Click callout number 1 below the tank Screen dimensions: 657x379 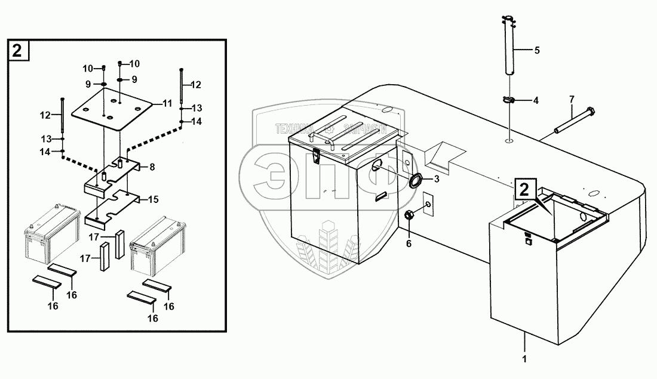(524, 360)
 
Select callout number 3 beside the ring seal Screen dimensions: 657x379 (437, 178)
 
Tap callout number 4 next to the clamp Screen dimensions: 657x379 (536, 101)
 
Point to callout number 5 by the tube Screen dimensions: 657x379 (536, 50)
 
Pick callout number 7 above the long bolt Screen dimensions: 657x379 (572, 98)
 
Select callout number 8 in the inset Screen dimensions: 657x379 (152, 168)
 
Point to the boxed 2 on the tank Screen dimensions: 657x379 (523, 190)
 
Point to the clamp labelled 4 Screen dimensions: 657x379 (508, 100)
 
